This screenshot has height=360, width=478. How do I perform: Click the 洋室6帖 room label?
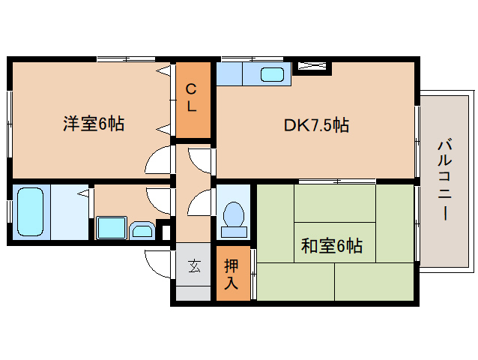pos(93,124)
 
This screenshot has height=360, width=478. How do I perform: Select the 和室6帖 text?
pos(332,245)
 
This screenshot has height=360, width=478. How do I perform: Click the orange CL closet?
pos(192,99)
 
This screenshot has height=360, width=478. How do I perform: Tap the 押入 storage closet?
pos(232,274)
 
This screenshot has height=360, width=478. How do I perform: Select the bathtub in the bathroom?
pos(31,213)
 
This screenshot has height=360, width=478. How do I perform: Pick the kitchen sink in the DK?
pos(273,73)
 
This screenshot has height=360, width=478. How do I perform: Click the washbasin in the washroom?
pos(141,229)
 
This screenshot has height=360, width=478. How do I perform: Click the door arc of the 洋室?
pos(159,160)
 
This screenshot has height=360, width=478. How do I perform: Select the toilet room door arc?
pos(200,203)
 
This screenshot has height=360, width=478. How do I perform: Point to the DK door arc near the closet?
pos(200,160)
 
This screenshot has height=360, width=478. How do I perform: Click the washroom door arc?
pos(159,198)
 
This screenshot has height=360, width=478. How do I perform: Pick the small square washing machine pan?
pos(111,227)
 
